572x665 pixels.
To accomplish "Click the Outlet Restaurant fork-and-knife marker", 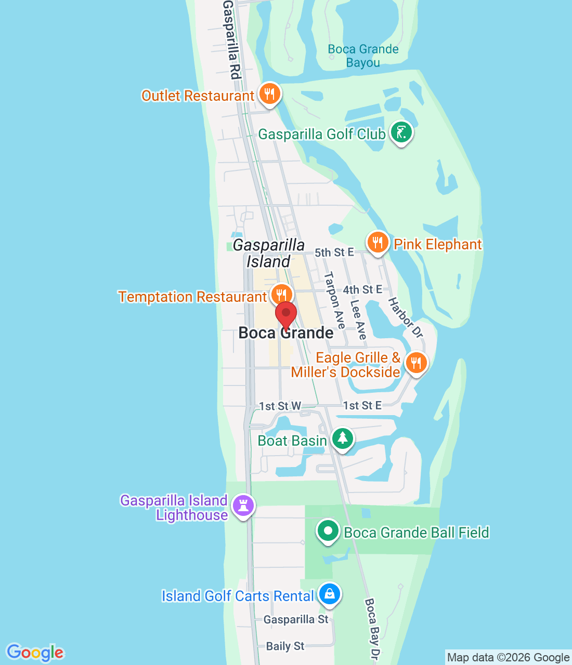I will [x=269, y=94].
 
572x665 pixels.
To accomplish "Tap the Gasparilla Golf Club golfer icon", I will [x=401, y=132].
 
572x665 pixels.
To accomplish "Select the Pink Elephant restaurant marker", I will [x=378, y=243].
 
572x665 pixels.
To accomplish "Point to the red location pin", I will [x=285, y=315].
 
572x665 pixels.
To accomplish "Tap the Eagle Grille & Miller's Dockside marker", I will [x=416, y=363].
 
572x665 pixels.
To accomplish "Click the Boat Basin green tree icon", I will [x=342, y=438].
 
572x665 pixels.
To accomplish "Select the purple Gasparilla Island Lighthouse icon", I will [x=243, y=506].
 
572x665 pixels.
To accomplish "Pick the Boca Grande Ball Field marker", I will [x=328, y=531].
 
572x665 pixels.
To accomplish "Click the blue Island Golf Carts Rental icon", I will [x=329, y=594].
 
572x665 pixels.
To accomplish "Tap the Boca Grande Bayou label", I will [x=363, y=56].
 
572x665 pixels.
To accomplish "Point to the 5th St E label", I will [x=334, y=252].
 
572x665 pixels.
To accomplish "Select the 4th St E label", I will [x=362, y=289].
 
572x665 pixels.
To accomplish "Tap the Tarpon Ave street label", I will [x=334, y=300].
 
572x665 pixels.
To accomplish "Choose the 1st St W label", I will [x=280, y=406].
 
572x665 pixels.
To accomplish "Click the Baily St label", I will [x=285, y=646].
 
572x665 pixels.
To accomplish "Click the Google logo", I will [x=35, y=653].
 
